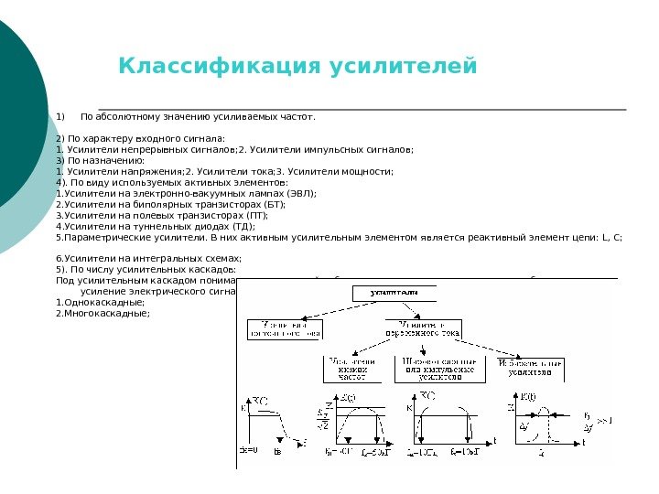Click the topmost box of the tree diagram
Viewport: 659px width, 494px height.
click(393, 293)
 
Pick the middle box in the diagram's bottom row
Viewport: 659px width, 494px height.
click(439, 369)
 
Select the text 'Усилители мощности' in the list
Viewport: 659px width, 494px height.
click(347, 171)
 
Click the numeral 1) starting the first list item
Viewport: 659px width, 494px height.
click(60, 117)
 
